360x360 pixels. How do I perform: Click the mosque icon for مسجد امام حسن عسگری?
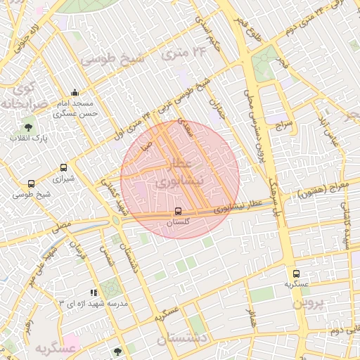[75, 93]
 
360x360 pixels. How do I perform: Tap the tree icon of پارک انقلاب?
[28, 127]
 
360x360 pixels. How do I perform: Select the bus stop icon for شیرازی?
[64, 168]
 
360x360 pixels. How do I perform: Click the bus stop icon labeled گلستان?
[178, 211]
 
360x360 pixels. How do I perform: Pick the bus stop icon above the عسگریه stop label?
[296, 274]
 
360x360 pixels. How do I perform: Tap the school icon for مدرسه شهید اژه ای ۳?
[94, 292]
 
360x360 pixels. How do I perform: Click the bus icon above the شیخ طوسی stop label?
[31, 184]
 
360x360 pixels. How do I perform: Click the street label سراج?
[284, 127]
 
